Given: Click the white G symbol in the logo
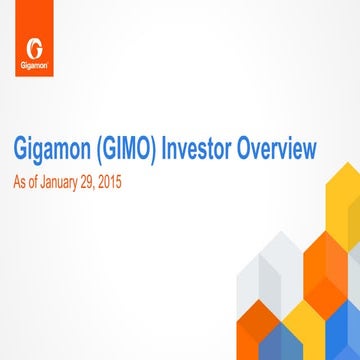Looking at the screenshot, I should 35,48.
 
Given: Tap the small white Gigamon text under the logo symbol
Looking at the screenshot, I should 35,68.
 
